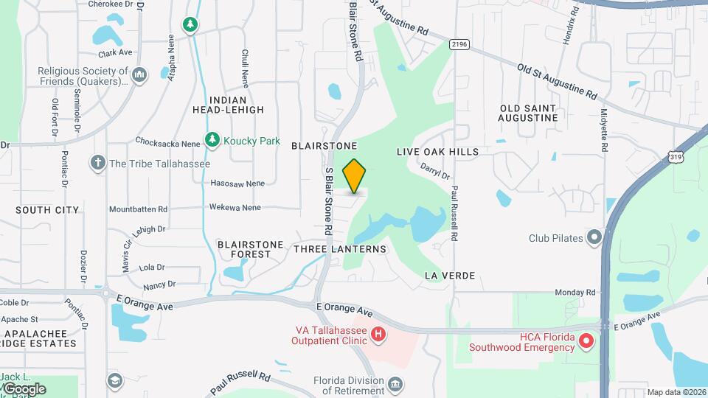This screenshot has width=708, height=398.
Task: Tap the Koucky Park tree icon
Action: (212, 139)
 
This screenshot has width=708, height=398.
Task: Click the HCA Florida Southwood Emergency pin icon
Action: (586, 341)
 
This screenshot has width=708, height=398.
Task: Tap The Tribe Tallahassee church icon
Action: (98, 163)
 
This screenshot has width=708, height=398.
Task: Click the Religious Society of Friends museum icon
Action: (142, 73)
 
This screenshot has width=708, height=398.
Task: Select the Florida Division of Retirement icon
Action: (395, 383)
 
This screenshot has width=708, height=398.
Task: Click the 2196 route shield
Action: (459, 45)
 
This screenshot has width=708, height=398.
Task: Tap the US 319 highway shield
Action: (676, 156)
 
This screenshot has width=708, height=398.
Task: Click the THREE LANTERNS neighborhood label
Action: (340, 249)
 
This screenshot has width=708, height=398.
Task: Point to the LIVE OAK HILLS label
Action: (437, 152)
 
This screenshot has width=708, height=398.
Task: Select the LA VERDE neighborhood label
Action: (450, 276)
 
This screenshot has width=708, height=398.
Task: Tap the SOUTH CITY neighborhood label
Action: (47, 210)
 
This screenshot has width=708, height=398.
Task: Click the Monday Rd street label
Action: (575, 293)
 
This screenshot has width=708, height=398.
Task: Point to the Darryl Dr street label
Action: (434, 171)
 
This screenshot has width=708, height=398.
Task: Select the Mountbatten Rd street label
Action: (138, 209)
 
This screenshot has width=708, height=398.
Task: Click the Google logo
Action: (24, 388)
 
